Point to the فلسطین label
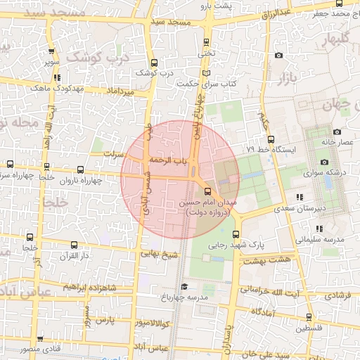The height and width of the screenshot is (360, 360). pyautogui.click(x=309, y=328)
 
